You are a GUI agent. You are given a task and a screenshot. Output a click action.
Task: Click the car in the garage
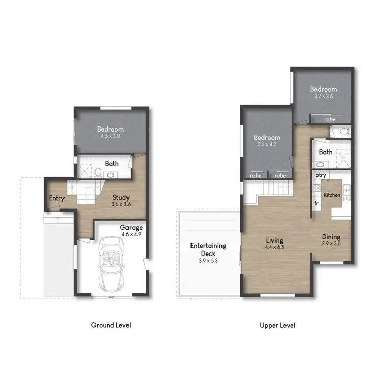coord(111,264)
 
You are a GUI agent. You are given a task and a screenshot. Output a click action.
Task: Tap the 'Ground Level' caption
coord(111,325)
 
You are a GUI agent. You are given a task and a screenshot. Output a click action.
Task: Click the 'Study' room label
coord(121,198)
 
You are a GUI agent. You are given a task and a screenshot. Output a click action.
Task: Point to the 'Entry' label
coord(57,198)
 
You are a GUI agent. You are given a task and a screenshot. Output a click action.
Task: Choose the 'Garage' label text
coord(131,228)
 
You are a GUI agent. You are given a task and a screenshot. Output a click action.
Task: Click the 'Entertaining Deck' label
coord(208,249)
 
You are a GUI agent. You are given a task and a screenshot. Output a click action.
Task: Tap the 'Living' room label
coord(275,240)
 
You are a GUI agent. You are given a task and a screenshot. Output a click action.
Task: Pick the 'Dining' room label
coord(331,237)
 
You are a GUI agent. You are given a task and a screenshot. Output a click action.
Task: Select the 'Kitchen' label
coord(332,195)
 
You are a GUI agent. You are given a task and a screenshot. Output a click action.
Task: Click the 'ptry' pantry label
coord(320,175)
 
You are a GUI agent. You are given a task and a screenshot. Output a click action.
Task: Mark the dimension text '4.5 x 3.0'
coord(110,136)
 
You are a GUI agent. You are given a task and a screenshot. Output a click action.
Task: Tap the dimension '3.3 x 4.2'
coord(267,144)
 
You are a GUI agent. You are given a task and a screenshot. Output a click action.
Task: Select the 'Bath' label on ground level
coord(112,164)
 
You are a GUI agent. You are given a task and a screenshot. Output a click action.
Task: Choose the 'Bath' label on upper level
coord(325,152)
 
